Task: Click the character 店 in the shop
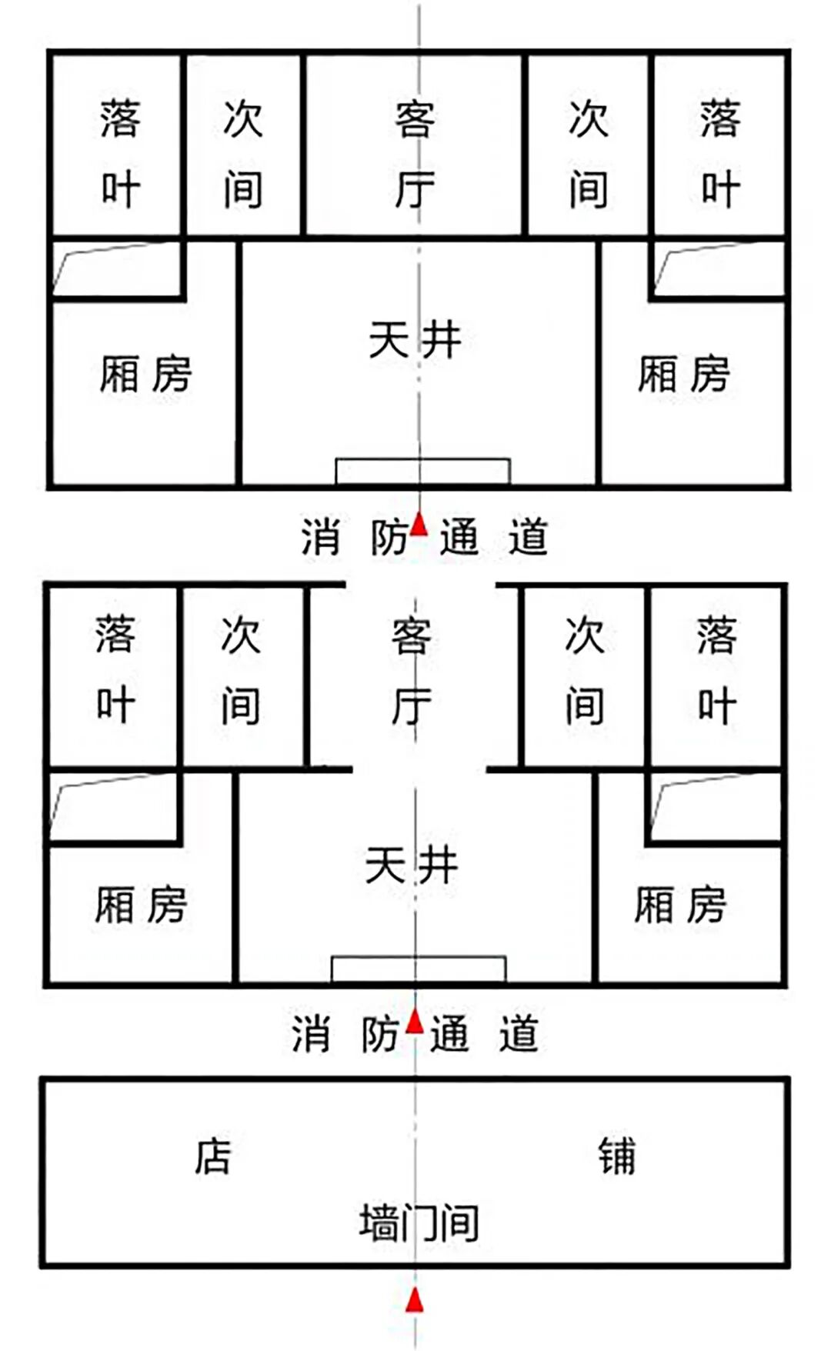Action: point(212,1156)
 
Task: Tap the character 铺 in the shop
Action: point(617,1156)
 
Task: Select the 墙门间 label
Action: point(419,1223)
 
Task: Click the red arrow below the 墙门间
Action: point(415,1299)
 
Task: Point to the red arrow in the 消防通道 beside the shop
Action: point(415,1022)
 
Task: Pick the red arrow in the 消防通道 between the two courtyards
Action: point(419,525)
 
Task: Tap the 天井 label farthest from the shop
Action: point(415,339)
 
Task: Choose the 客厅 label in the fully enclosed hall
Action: point(415,154)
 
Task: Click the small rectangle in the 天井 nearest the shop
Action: point(419,969)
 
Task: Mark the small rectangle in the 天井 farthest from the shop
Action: point(422,471)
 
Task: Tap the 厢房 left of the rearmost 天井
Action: point(145,375)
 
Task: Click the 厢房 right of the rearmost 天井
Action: point(683,375)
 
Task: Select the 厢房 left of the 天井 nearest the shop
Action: point(141,905)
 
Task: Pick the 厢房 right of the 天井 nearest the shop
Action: point(680,905)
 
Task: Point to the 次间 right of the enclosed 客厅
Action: point(589,154)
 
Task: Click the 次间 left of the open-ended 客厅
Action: point(241,671)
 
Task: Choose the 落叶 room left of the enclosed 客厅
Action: point(120,154)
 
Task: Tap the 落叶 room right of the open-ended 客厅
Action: point(716,671)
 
